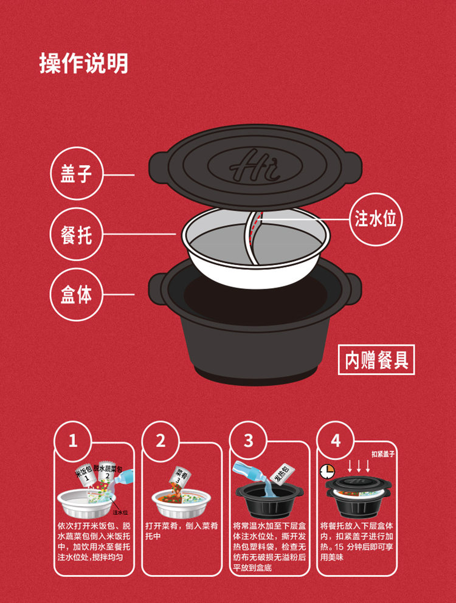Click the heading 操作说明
tap(83, 63)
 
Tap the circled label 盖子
tap(76, 173)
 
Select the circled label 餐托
tap(76, 234)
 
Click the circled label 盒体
tap(76, 295)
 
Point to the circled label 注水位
tap(375, 219)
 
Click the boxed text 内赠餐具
tap(376, 360)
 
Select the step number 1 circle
tap(73, 441)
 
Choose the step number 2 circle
tap(161, 441)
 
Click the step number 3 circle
tap(248, 441)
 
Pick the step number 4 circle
tap(336, 441)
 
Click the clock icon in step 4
tap(327, 471)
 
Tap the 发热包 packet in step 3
tap(279, 474)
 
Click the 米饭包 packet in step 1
tap(84, 473)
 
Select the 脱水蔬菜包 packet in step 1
tap(108, 471)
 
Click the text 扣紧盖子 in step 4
tap(383, 454)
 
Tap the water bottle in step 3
tap(249, 472)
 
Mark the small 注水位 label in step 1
tap(120, 512)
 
